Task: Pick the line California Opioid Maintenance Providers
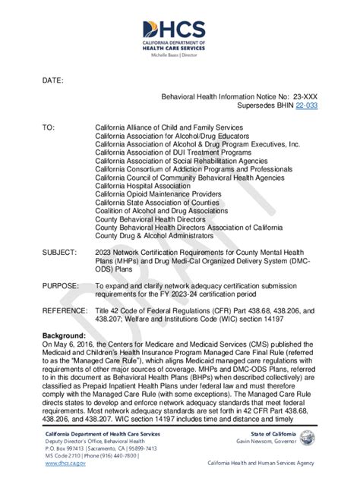[x=154, y=193]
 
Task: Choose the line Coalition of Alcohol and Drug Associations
[x=161, y=210]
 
